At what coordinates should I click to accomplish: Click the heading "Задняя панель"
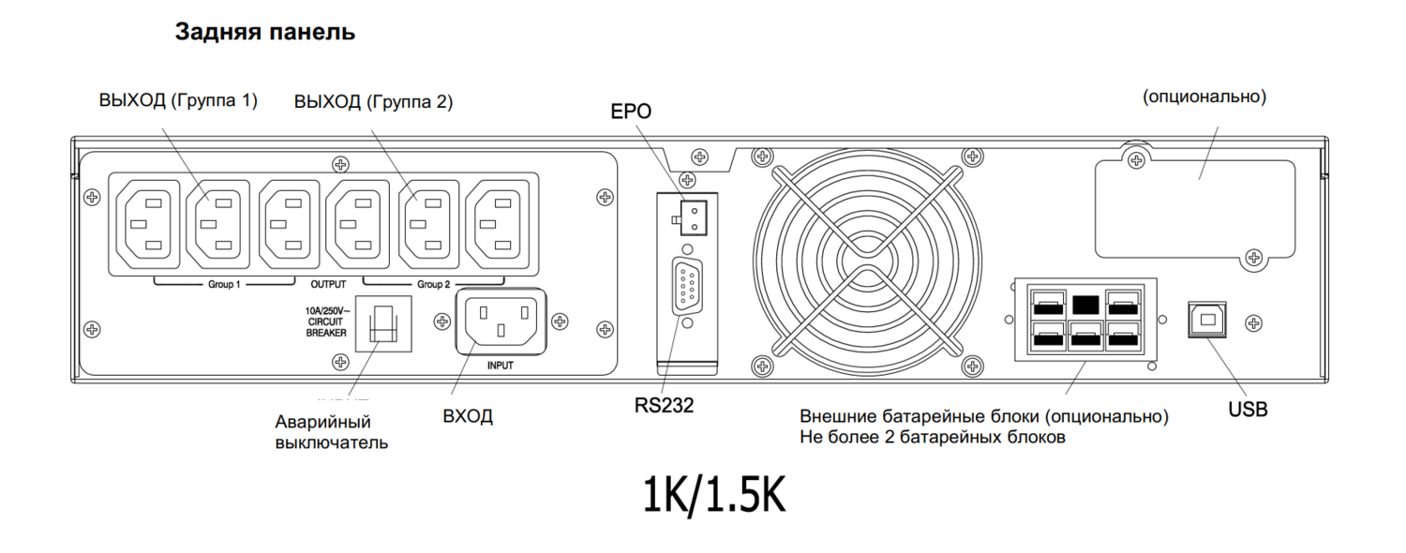pyautogui.click(x=265, y=32)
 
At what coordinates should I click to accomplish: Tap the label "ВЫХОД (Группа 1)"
pyautogui.click(x=178, y=100)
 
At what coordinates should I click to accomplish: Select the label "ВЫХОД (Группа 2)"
pyautogui.click(x=373, y=101)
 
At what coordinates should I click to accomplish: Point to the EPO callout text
pyautogui.click(x=631, y=112)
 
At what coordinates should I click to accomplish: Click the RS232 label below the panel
pyautogui.click(x=664, y=406)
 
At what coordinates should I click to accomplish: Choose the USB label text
pyautogui.click(x=1248, y=410)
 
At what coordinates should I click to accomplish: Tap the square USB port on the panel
pyautogui.click(x=1207, y=320)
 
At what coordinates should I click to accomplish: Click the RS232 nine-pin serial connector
pyautogui.click(x=687, y=286)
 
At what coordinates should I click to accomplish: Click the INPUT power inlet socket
pyautogui.click(x=501, y=321)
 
